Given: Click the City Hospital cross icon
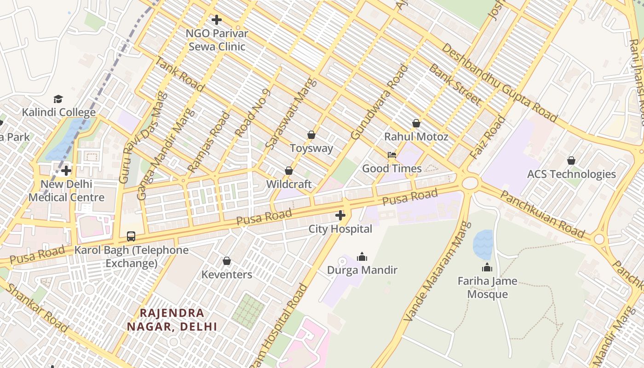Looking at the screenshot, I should coord(340,215).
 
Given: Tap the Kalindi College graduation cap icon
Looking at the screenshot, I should coord(58,99).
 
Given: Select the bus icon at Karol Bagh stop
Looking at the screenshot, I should coord(131,236).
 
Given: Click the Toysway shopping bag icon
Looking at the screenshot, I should coord(311,135).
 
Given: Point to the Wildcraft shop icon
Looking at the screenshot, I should coord(289,171).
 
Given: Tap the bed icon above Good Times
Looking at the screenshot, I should coord(392,155).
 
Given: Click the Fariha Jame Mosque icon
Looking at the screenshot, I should coord(487,267).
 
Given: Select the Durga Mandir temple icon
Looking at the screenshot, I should coord(362,256).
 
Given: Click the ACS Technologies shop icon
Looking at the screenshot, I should coord(571,161).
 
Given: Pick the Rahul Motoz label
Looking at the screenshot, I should coord(416,137).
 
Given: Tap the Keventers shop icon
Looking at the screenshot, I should coord(227,261).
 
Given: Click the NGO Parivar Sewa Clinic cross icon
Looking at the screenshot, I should coord(217,20).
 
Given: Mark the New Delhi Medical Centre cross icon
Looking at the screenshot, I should coord(66,171).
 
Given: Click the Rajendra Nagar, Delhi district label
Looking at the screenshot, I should coord(172,320).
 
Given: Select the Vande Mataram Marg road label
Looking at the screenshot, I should coord(437,272).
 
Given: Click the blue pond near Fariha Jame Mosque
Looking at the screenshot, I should coord(483,244).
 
